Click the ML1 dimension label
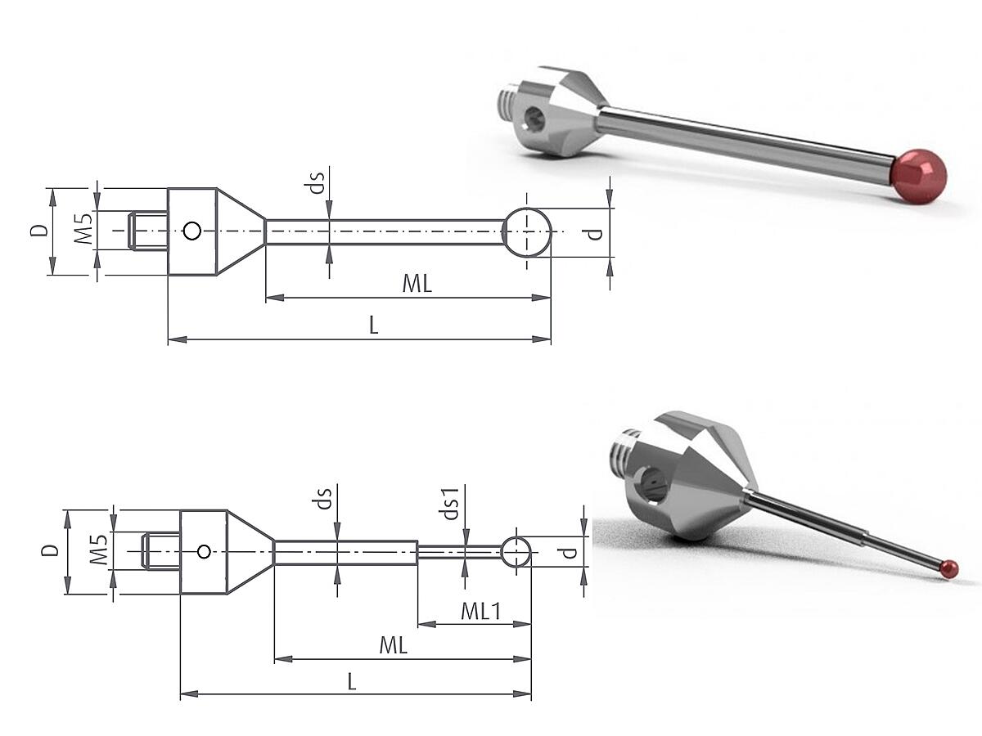point(481,611)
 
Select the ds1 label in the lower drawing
point(451,504)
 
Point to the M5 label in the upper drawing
point(83,229)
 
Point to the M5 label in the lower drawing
point(99,550)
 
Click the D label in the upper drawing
point(39,230)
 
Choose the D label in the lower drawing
point(50,550)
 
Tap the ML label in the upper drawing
point(417,283)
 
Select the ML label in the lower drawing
point(394,645)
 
